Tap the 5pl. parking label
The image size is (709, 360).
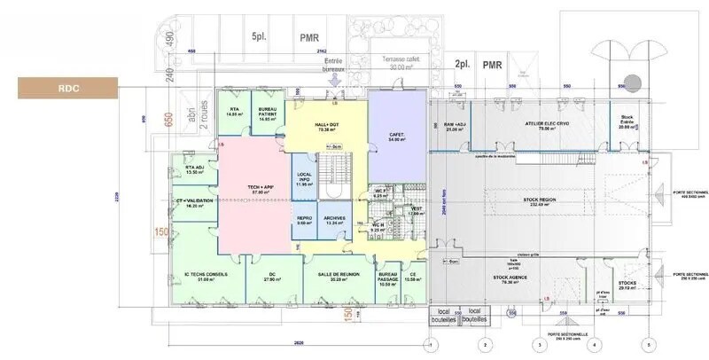coord(259,37)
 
